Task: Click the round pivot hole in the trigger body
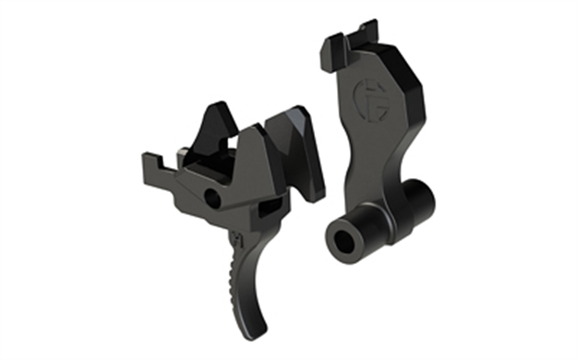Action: click(214, 197)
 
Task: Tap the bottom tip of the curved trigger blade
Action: click(263, 329)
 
